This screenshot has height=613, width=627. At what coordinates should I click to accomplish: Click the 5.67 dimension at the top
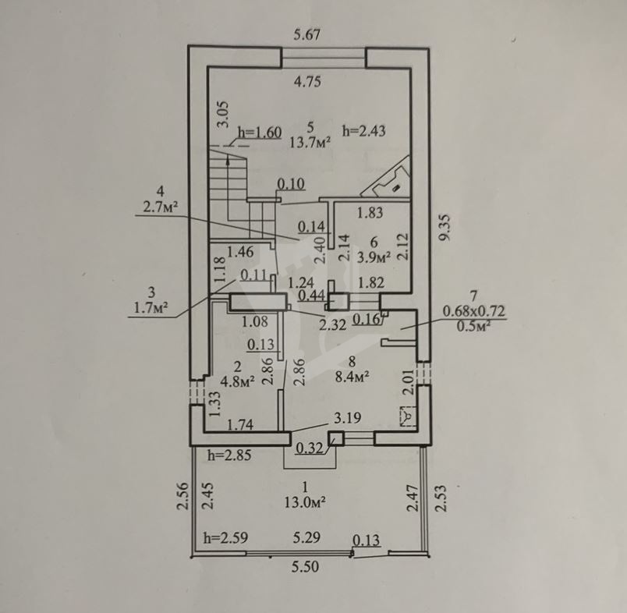[306, 34]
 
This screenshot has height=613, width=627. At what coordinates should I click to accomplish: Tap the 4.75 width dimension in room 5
[307, 82]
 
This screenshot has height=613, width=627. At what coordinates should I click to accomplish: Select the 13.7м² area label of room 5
[310, 143]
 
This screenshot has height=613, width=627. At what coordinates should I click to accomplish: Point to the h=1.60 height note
[260, 133]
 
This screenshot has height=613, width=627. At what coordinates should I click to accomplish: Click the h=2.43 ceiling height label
[364, 131]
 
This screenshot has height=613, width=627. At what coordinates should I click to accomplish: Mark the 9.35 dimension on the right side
[445, 228]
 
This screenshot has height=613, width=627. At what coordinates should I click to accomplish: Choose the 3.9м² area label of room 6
[374, 257]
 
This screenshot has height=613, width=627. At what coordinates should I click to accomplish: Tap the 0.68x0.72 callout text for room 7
[474, 311]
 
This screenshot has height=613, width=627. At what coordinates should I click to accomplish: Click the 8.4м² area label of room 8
[352, 376]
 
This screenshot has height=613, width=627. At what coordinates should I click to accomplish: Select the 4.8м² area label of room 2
[238, 381]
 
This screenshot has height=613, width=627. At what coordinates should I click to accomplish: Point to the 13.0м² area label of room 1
[305, 501]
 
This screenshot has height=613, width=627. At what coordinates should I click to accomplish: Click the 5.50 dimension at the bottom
[306, 567]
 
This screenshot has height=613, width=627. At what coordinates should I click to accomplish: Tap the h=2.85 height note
[229, 455]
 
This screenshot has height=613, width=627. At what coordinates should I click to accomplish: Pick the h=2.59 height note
[225, 537]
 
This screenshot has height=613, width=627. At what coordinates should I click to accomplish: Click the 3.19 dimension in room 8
[348, 418]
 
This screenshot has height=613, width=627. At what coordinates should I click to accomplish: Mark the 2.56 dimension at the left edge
[182, 496]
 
